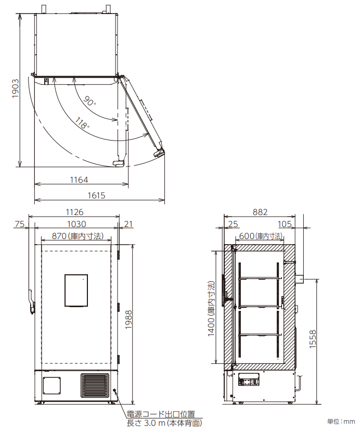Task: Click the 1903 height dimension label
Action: (x=15, y=88)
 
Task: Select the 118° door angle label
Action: (x=82, y=123)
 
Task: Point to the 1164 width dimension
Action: (x=79, y=180)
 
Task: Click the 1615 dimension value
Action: (x=96, y=195)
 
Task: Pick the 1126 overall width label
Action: (x=74, y=212)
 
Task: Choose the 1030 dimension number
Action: (x=76, y=224)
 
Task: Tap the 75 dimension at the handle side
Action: (x=19, y=224)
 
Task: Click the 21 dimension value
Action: (x=128, y=224)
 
